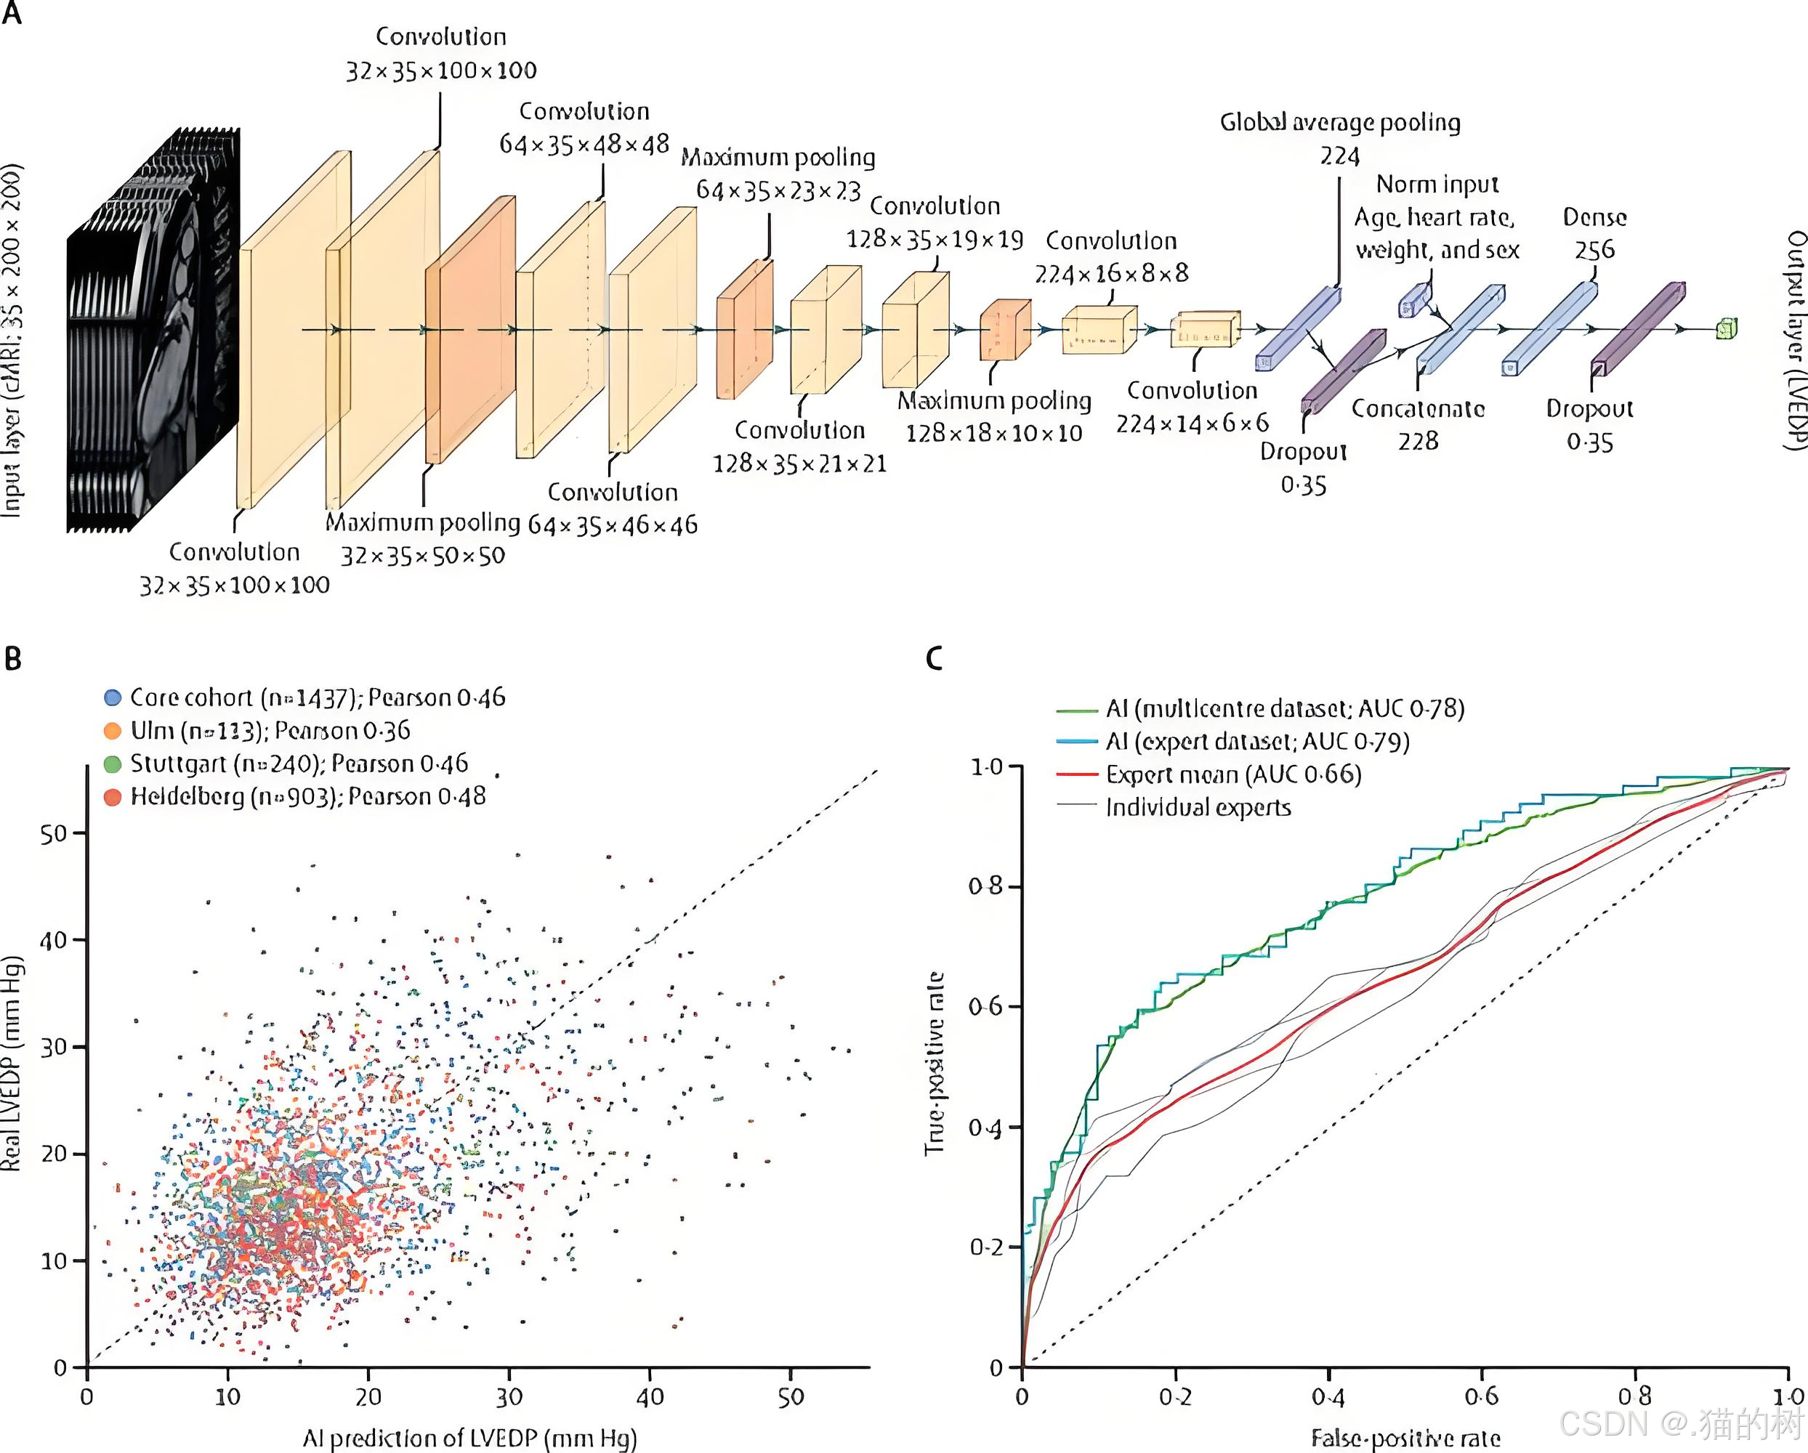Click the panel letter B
click(x=12, y=659)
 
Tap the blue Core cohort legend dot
click(x=113, y=697)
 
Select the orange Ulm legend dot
click(x=113, y=730)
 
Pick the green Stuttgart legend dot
click(x=113, y=764)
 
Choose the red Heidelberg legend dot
click(x=113, y=796)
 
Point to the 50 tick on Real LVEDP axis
click(x=53, y=834)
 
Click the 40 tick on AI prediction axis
click(x=650, y=1397)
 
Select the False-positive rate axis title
click(x=1405, y=1438)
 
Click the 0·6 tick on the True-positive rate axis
click(x=985, y=1007)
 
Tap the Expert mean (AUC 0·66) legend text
click(x=1232, y=774)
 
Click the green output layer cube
click(x=1727, y=328)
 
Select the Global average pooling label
click(x=1340, y=124)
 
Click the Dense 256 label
click(x=1594, y=233)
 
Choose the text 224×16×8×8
click(x=1111, y=273)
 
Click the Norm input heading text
click(x=1437, y=185)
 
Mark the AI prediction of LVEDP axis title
click(x=469, y=1438)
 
